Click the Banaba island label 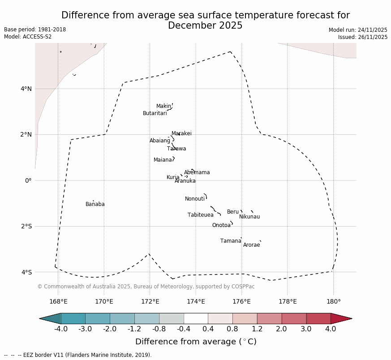click(95, 204)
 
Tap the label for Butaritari click(155, 113)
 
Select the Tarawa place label click(176, 149)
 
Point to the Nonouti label click(195, 199)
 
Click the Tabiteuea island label click(200, 215)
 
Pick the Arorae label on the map click(251, 245)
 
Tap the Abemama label click(197, 172)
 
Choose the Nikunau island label click(249, 217)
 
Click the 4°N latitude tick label click(26, 89)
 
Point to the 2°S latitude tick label click(26, 226)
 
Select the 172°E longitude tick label click(150, 301)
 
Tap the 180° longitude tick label click(333, 301)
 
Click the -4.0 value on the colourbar click(61, 329)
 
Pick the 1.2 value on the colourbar click(257, 329)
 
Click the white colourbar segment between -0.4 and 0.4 click(196, 318)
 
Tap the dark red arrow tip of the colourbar click(343, 318)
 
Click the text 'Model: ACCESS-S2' click(28, 37)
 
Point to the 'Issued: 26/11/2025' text click(362, 37)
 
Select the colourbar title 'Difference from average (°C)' click(196, 342)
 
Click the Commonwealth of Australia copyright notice click(146, 287)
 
